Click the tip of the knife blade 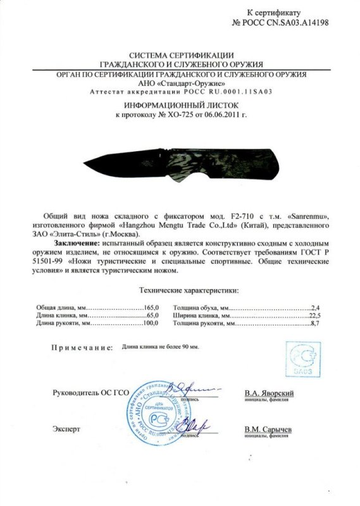[84, 163]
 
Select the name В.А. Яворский [269, 393]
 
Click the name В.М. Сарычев [268, 429]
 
